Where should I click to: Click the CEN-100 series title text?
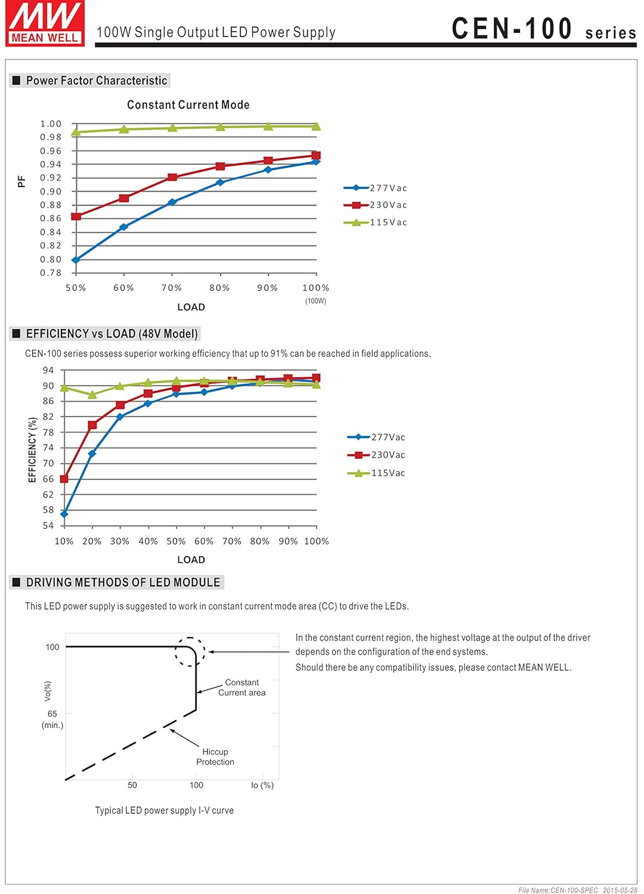(543, 29)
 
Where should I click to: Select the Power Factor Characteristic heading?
(96, 80)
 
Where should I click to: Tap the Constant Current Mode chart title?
(188, 105)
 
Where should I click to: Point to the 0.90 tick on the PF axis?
(51, 191)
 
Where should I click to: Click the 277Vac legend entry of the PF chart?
(376, 188)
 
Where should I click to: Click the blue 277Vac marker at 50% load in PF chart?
(76, 260)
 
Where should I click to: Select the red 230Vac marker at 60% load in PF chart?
(124, 198)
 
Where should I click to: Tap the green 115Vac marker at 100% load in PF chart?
(316, 126)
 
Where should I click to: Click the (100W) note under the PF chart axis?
(315, 301)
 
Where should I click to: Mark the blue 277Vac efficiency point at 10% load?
(64, 514)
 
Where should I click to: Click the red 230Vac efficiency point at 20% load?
(92, 425)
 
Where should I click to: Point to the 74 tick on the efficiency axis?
(48, 448)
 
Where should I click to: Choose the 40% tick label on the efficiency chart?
(148, 541)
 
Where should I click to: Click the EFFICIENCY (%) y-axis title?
(33, 449)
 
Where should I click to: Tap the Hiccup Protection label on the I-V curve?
(215, 757)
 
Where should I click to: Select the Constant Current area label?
(241, 687)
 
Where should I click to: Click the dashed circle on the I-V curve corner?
(190, 651)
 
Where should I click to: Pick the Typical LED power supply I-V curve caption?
(164, 811)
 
